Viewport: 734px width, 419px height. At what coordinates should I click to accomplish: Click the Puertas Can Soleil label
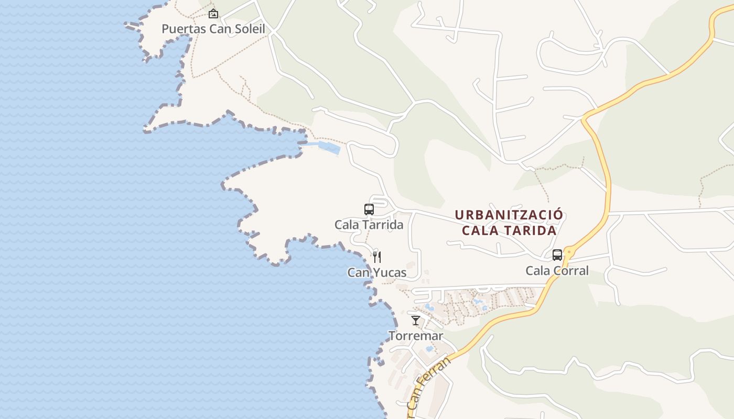(213, 29)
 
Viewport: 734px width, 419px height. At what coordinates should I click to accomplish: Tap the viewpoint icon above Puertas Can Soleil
(213, 14)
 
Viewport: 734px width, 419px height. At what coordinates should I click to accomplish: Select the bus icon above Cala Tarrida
(369, 210)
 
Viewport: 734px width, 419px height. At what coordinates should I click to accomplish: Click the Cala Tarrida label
(369, 225)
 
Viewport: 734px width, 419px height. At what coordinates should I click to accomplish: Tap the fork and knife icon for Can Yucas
(376, 257)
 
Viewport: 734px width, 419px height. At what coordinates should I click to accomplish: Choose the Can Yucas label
(376, 272)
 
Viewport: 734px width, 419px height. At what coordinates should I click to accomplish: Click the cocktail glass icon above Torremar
(416, 320)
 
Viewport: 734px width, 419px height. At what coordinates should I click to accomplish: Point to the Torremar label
(416, 336)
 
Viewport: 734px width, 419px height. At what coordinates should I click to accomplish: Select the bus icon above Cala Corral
(557, 255)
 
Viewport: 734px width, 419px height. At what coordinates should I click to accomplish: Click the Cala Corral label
(557, 271)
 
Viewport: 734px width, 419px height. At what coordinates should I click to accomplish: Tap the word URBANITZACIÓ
(509, 215)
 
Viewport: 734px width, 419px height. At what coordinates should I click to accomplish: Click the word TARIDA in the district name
(532, 230)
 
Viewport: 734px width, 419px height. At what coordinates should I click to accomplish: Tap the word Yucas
(390, 272)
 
